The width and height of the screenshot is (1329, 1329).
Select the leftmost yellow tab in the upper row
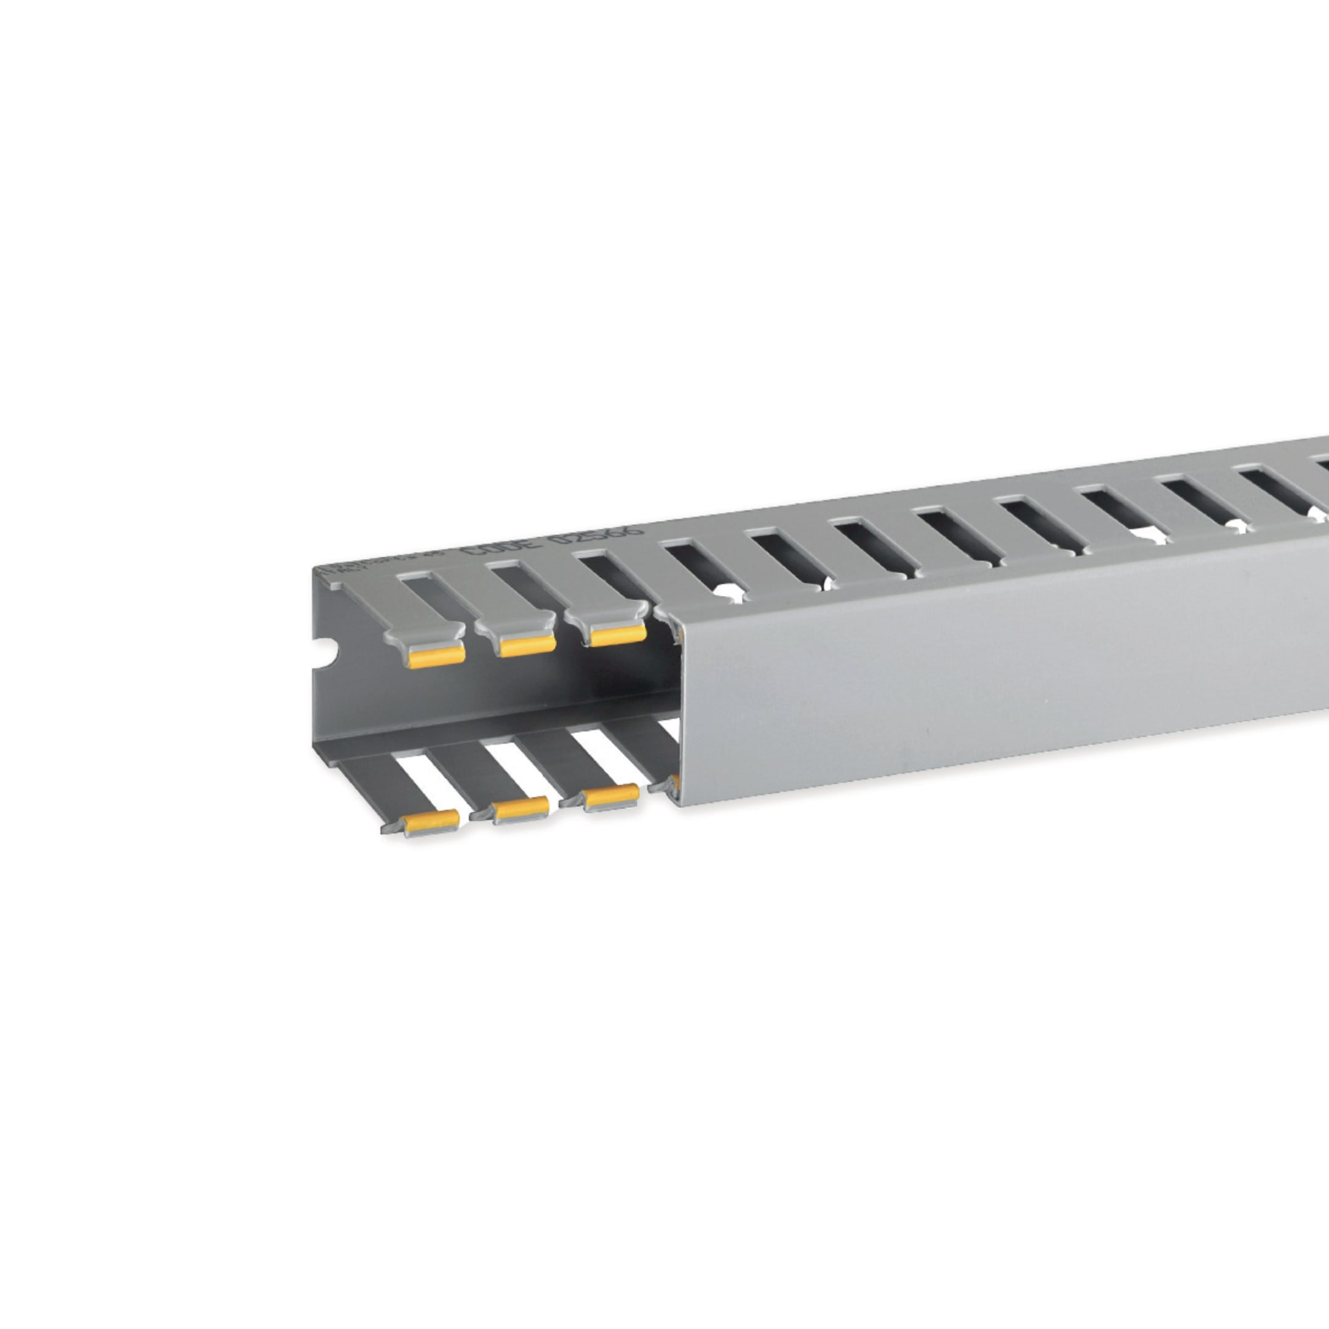pyautogui.click(x=436, y=657)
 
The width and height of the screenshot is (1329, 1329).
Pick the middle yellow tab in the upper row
pyautogui.click(x=527, y=645)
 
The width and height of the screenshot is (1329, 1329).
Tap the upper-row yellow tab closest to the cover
pyautogui.click(x=617, y=635)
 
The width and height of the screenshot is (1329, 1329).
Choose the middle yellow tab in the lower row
pyautogui.click(x=521, y=810)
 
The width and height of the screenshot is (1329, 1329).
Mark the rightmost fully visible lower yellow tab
pyautogui.click(x=611, y=797)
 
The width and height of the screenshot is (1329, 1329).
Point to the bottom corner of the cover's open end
pyautogui.click(x=677, y=805)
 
